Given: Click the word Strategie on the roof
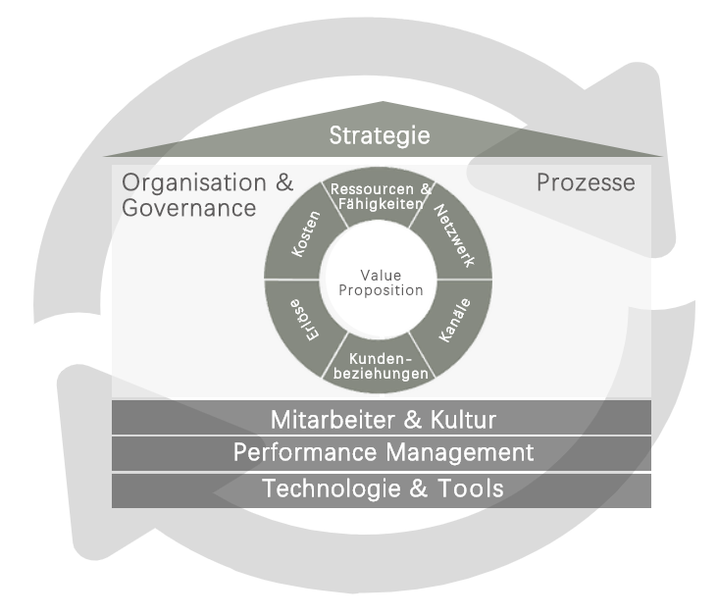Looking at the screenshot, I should click(380, 134).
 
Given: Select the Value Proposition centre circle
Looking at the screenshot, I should click(378, 283).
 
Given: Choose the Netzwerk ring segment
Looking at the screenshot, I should click(453, 236).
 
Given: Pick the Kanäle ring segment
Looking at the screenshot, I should click(452, 320).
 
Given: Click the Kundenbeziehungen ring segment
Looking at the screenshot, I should click(381, 367).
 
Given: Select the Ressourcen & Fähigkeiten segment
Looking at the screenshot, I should click(381, 196).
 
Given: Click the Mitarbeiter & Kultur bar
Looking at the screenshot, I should click(382, 420).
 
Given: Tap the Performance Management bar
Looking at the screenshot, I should click(382, 452).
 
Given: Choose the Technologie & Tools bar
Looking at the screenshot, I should click(382, 488).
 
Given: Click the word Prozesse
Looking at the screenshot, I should click(586, 182).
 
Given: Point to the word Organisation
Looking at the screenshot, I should click(193, 182).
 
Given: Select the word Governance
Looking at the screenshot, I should click(188, 208).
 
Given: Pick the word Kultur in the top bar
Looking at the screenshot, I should click(462, 420).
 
